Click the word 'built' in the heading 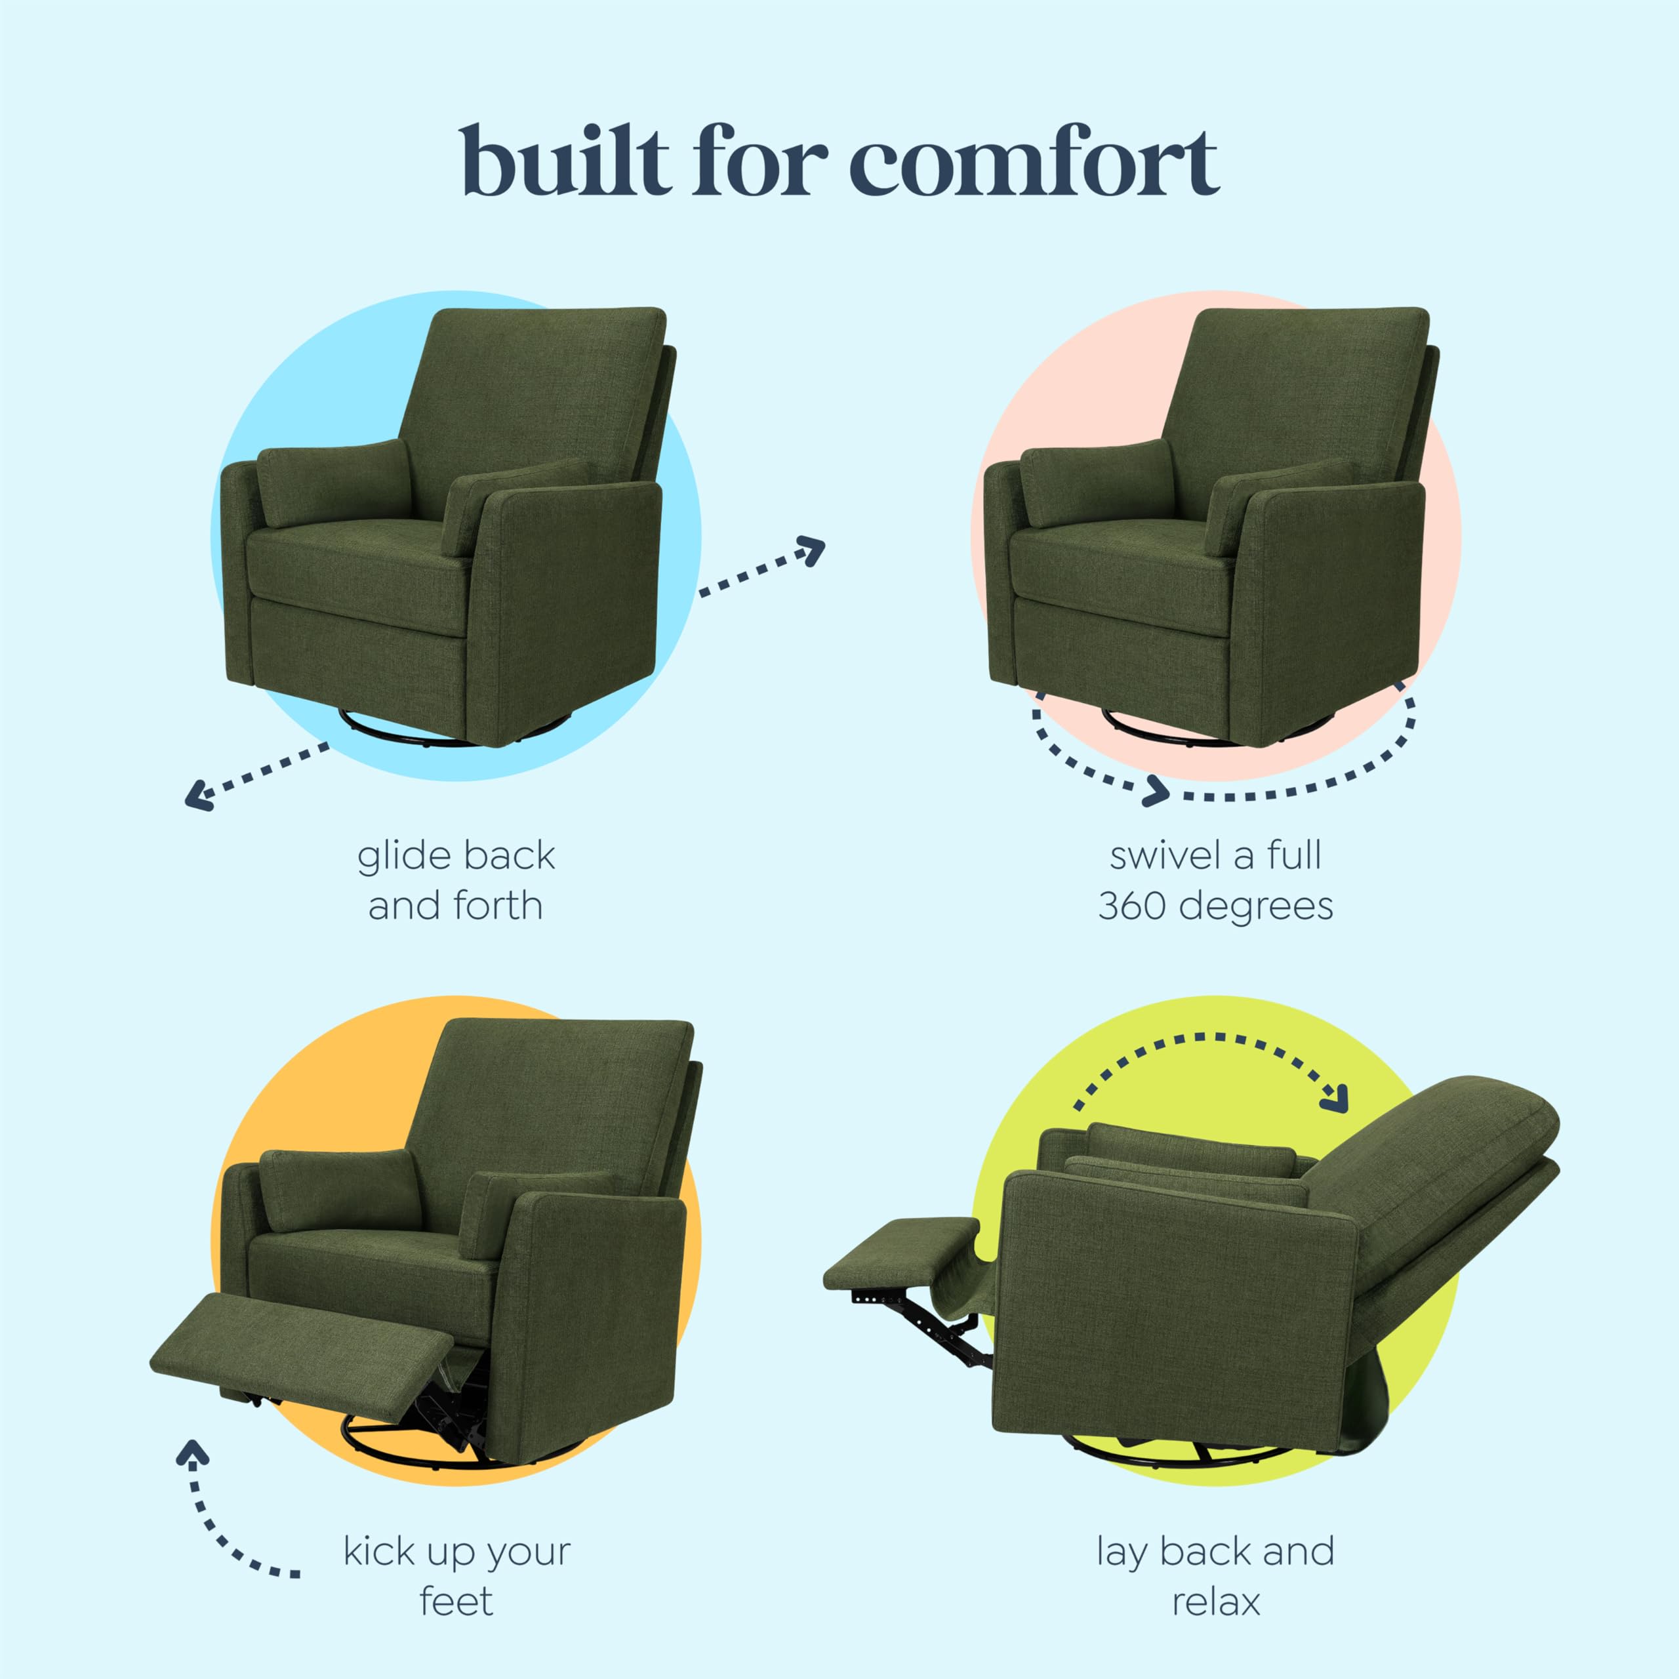pos(566,163)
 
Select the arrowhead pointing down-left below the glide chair pos(199,794)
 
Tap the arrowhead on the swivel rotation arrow pos(1158,790)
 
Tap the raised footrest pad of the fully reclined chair pos(900,1248)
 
